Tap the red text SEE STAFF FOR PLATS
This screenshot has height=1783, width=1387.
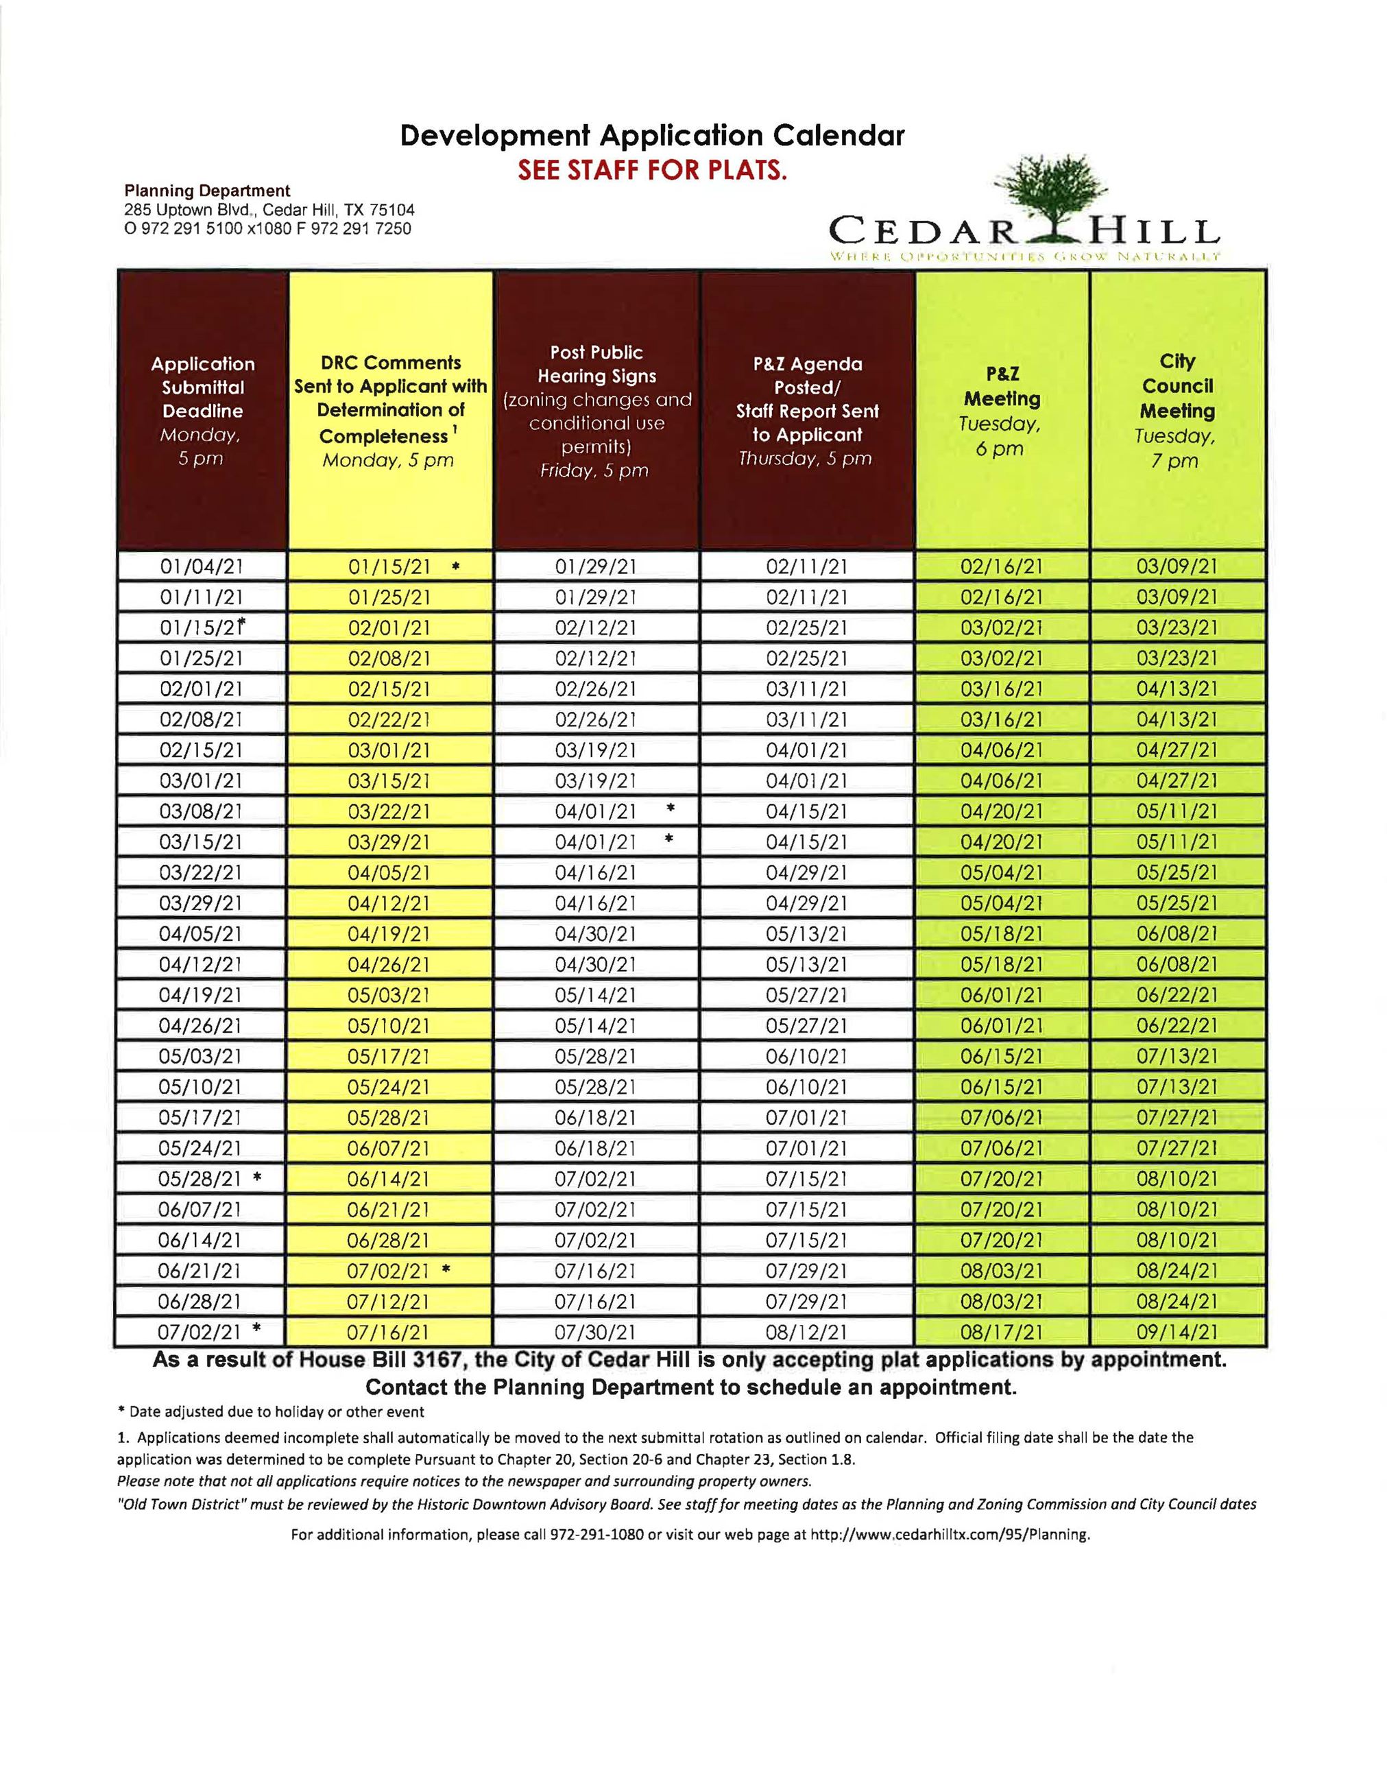(x=652, y=171)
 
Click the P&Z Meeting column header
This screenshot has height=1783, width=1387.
(x=1002, y=411)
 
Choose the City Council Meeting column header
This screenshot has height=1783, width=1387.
(x=1177, y=411)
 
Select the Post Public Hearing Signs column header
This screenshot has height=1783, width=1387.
(x=596, y=411)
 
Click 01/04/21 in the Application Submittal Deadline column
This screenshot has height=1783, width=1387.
(x=202, y=566)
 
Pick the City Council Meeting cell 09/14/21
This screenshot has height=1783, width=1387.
(x=1177, y=1332)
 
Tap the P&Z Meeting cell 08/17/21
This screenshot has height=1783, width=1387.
(x=1002, y=1332)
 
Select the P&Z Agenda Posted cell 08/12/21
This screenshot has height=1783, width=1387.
(x=806, y=1332)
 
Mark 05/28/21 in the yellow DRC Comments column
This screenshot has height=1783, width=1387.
(x=389, y=1118)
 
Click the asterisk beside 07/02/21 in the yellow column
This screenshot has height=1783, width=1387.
(x=446, y=1269)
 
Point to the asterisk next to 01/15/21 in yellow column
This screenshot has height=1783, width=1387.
(x=455, y=565)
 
